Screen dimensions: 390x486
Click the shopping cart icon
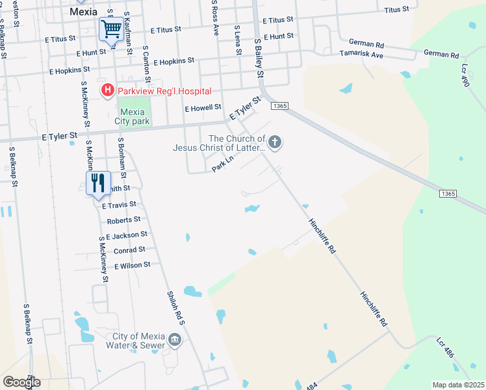pyautogui.click(x=110, y=29)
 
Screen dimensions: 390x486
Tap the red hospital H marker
pyautogui.click(x=106, y=90)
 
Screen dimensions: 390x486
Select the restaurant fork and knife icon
pyautogui.click(x=98, y=183)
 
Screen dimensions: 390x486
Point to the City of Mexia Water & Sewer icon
pyautogui.click(x=174, y=340)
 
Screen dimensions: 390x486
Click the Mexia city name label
pyautogui.click(x=83, y=11)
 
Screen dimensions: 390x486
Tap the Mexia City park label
pyautogui.click(x=134, y=116)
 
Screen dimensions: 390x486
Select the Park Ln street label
pyautogui.click(x=223, y=167)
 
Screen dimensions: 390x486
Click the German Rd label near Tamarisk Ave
pyautogui.click(x=366, y=44)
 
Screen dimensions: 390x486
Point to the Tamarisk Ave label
pyautogui.click(x=361, y=55)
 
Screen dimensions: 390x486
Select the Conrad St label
pyautogui.click(x=129, y=250)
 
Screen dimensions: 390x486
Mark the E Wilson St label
pyautogui.click(x=133, y=265)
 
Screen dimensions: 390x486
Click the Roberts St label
pyautogui.click(x=124, y=220)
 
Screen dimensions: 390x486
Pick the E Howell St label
pyautogui.click(x=203, y=109)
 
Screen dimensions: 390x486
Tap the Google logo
pyautogui.click(x=22, y=382)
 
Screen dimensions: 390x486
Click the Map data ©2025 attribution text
pyautogui.click(x=457, y=385)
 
